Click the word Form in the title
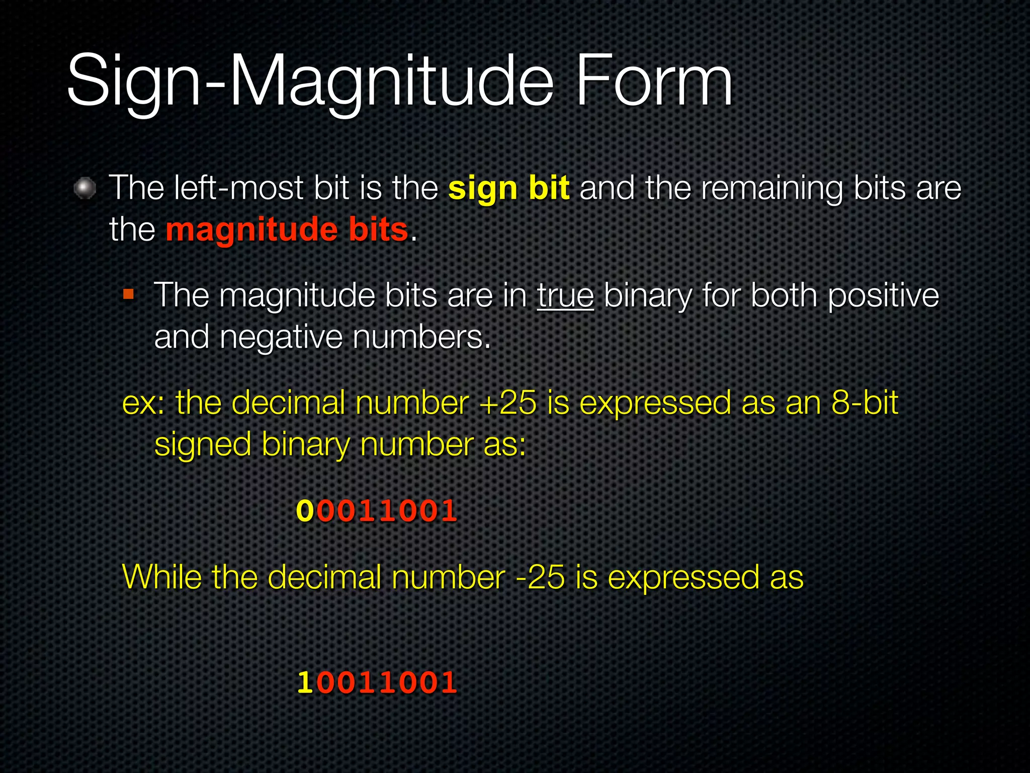click(654, 82)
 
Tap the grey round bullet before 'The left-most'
click(85, 189)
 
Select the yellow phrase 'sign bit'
click(509, 188)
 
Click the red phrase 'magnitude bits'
click(287, 229)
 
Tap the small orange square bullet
click(129, 294)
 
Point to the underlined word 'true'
click(565, 295)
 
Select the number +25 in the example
click(508, 403)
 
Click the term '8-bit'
click(865, 403)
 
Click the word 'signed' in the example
click(203, 445)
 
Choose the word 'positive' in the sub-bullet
click(883, 295)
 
